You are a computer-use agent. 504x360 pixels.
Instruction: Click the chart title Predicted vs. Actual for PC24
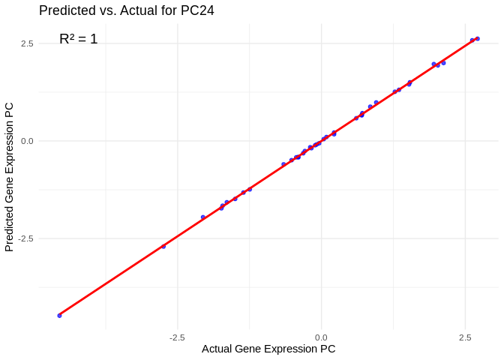[x=127, y=10]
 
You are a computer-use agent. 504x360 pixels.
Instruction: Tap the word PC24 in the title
[x=197, y=10]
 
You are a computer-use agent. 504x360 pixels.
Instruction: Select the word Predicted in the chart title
[x=67, y=10]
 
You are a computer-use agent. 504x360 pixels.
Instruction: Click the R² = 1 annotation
[x=78, y=39]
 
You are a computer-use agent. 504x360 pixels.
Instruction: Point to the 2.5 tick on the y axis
[x=27, y=43]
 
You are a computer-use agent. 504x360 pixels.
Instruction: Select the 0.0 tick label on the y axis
[x=27, y=141]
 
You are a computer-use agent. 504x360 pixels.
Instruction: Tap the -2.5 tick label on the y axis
[x=25, y=238]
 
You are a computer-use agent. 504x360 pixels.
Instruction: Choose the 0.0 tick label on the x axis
[x=321, y=337]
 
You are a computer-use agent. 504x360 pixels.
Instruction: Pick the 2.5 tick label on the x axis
[x=466, y=337]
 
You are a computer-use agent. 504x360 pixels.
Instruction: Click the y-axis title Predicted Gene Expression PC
[x=10, y=177]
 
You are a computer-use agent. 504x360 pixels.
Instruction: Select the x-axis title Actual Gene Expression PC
[x=268, y=349]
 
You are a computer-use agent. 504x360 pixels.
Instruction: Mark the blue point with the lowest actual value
[x=59, y=316]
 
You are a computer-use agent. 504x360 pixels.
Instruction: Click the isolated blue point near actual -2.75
[x=163, y=246]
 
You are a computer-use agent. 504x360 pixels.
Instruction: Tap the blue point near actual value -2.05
[x=202, y=217]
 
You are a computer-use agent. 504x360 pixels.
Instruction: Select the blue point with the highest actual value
[x=477, y=38]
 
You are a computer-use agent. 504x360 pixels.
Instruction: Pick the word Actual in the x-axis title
[x=217, y=349]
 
